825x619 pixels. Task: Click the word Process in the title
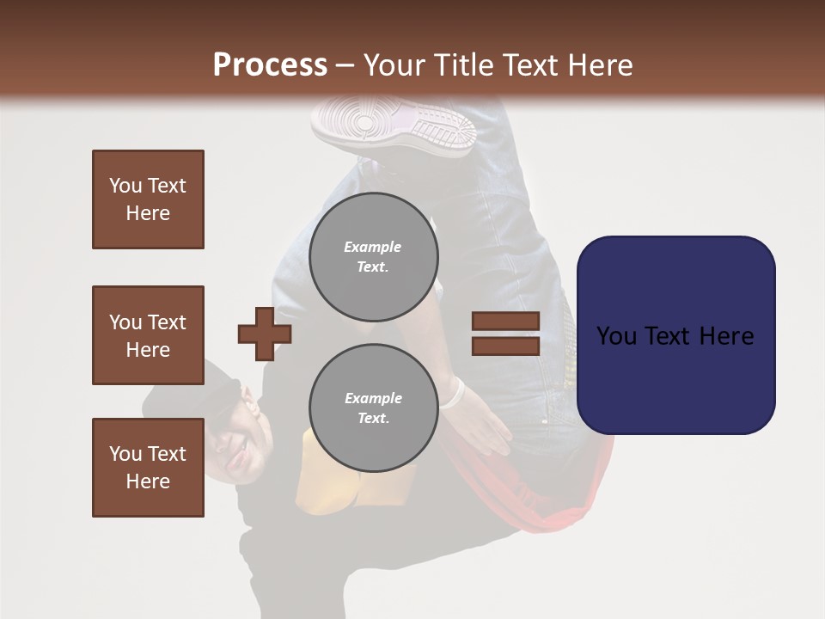click(270, 64)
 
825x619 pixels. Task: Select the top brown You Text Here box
click(148, 199)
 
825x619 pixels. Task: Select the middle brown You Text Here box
click(148, 335)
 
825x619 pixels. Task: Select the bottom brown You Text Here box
click(148, 468)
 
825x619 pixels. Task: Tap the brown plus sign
click(264, 334)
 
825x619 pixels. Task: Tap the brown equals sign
click(505, 334)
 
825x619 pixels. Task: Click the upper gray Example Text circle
click(373, 256)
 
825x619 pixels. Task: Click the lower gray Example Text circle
click(373, 408)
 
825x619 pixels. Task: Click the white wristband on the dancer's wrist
click(454, 394)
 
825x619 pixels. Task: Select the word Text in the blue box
click(676, 336)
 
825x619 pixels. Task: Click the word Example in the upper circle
click(372, 247)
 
